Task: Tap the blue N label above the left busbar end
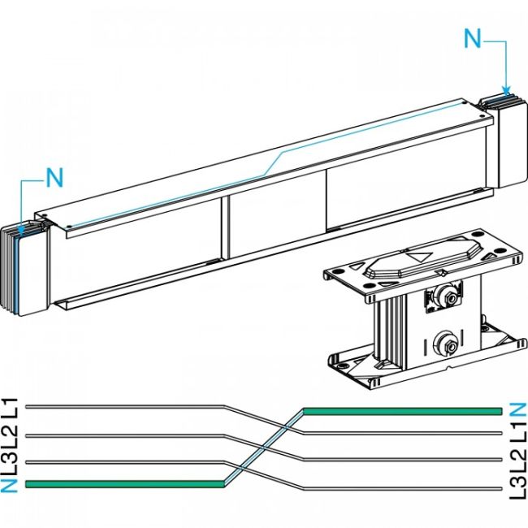click(54, 176)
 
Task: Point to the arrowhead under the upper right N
click(507, 90)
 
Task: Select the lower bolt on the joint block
click(446, 344)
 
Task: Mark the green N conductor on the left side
click(122, 484)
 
